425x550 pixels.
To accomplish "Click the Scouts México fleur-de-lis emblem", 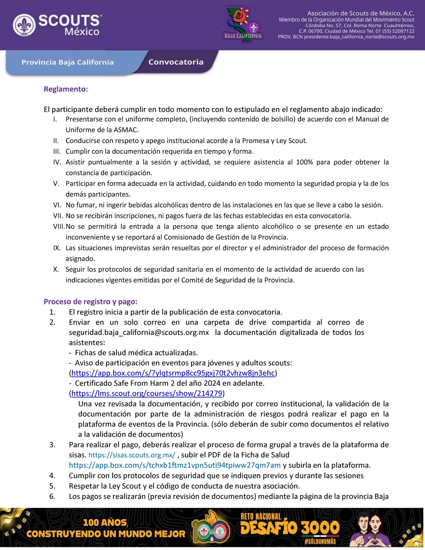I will [24, 25].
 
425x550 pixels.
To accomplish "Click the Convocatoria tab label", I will [176, 62].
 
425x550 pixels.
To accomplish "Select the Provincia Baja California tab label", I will [67, 62].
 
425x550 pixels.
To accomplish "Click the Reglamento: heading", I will [66, 89].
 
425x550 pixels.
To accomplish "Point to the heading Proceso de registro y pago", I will [90, 301].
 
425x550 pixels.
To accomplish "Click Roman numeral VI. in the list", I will [57, 205].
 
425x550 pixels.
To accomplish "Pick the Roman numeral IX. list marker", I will [57, 248].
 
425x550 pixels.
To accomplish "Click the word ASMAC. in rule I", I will [126, 130].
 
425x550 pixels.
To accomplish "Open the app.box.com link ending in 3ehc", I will [173, 373].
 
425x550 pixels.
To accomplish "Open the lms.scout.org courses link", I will [147, 393].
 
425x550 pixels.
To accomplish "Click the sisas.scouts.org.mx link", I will [132, 455].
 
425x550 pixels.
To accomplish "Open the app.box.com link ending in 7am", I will [175, 465].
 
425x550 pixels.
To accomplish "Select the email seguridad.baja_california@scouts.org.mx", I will [139, 332].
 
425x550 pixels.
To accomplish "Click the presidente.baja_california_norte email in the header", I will [359, 37].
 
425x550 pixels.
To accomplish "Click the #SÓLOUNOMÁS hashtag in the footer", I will [320, 542].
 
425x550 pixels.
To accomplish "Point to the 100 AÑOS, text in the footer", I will [105, 523].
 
